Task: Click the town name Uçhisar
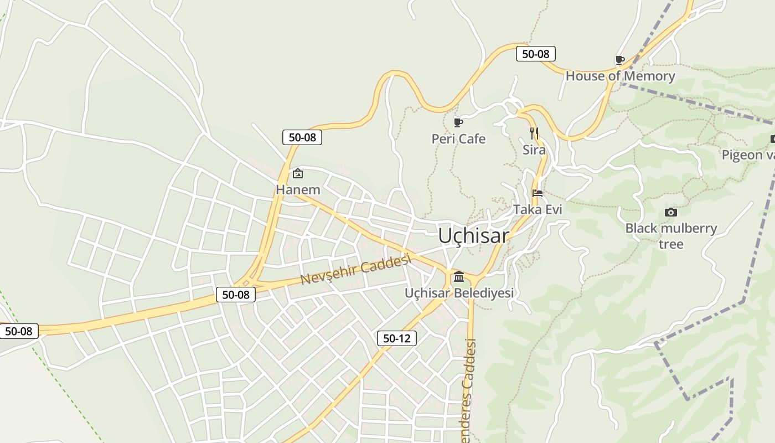coord(473,236)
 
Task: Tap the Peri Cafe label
coord(458,139)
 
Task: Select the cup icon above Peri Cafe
coord(458,122)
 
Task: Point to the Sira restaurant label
coord(534,150)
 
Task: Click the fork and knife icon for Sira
coord(534,133)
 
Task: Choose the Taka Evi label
coord(538,209)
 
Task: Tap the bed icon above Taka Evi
coord(538,193)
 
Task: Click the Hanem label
coord(298,190)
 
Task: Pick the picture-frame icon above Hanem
coord(298,173)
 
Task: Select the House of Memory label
coord(620,76)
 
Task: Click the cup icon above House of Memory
coord(620,60)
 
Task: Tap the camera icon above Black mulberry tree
coord(670,212)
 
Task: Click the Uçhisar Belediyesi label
coord(459,293)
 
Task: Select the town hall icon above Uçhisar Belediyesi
coord(458,276)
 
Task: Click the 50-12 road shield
coord(397,338)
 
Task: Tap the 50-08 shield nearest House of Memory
coord(535,54)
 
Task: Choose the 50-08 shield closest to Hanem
coord(302,137)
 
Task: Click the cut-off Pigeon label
coord(747,155)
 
